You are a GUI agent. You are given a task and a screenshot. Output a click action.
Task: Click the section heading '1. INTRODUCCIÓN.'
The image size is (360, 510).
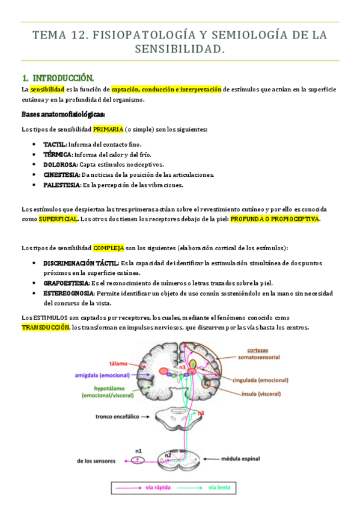[58, 78]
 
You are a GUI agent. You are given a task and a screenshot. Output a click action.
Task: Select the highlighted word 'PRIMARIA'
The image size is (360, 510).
[108, 129]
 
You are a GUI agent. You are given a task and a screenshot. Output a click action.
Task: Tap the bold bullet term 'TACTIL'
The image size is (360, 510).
[55, 144]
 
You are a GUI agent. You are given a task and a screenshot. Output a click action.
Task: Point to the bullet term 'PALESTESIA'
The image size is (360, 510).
[61, 185]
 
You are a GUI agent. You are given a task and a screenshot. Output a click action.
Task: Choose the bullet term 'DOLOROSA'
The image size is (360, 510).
[60, 164]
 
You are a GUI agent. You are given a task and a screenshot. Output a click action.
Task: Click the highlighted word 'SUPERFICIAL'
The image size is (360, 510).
[58, 219]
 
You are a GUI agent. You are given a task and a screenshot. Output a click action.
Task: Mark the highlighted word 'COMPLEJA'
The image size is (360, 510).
[109, 248]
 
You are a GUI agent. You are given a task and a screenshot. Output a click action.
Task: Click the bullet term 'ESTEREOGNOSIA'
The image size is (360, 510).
[68, 293]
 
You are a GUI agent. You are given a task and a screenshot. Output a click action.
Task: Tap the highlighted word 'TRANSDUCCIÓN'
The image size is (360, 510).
[45, 327]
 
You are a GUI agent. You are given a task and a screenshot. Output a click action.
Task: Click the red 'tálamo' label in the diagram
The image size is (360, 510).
[118, 363]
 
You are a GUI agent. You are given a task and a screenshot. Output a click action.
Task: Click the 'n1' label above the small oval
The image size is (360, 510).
[138, 450]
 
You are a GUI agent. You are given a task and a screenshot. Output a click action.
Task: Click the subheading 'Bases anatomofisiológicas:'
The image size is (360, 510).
[63, 114]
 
